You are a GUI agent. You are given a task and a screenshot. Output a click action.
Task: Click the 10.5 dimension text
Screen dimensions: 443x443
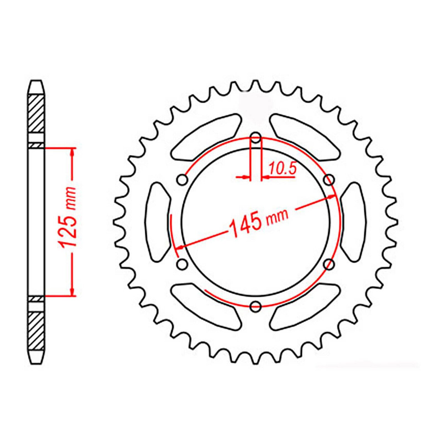pyautogui.click(x=282, y=169)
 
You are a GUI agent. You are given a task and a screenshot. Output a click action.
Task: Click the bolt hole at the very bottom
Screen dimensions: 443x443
pyautogui.click(x=255, y=306)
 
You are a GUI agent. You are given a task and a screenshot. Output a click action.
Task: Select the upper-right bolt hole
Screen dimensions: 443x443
pyautogui.click(x=329, y=180)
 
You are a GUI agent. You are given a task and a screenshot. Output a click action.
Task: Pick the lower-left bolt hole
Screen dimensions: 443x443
pyautogui.click(x=182, y=264)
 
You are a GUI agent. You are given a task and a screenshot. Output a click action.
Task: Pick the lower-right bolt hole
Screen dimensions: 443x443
pyautogui.click(x=329, y=264)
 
